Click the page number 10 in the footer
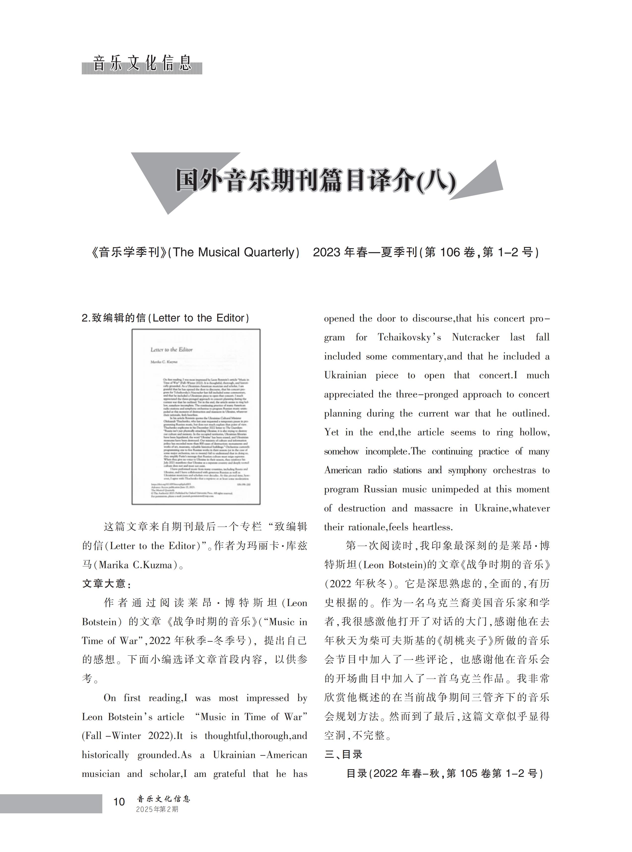[x=119, y=801]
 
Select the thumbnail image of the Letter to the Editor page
[x=196, y=416]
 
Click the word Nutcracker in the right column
[x=475, y=337]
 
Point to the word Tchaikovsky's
[x=409, y=337]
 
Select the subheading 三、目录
[x=343, y=754]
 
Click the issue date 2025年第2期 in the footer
[x=157, y=809]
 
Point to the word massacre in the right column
[x=433, y=508]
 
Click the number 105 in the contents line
[x=469, y=773]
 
